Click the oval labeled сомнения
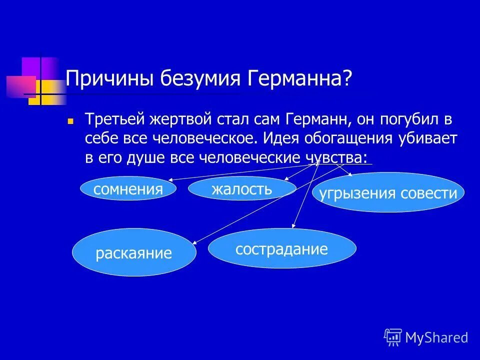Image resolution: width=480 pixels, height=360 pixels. [x=128, y=189]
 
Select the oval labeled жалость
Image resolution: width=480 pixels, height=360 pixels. [x=242, y=188]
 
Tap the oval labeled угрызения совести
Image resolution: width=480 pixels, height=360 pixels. [x=388, y=193]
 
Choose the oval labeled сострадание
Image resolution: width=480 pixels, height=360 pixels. [x=282, y=248]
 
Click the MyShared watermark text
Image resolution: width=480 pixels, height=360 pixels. [x=436, y=337]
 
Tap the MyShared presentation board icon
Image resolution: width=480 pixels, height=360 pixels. [x=393, y=337]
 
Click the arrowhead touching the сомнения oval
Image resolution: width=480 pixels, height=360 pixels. [x=170, y=179]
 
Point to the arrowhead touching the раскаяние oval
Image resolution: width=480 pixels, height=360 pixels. [x=194, y=242]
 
